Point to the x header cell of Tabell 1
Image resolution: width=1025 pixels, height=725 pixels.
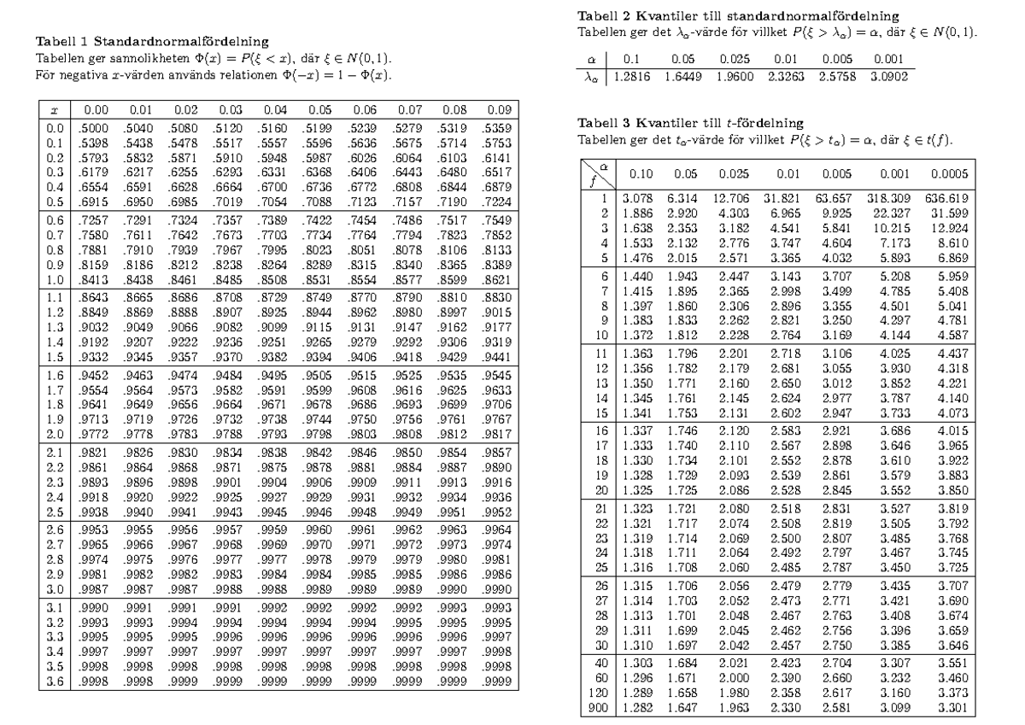click(55, 110)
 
